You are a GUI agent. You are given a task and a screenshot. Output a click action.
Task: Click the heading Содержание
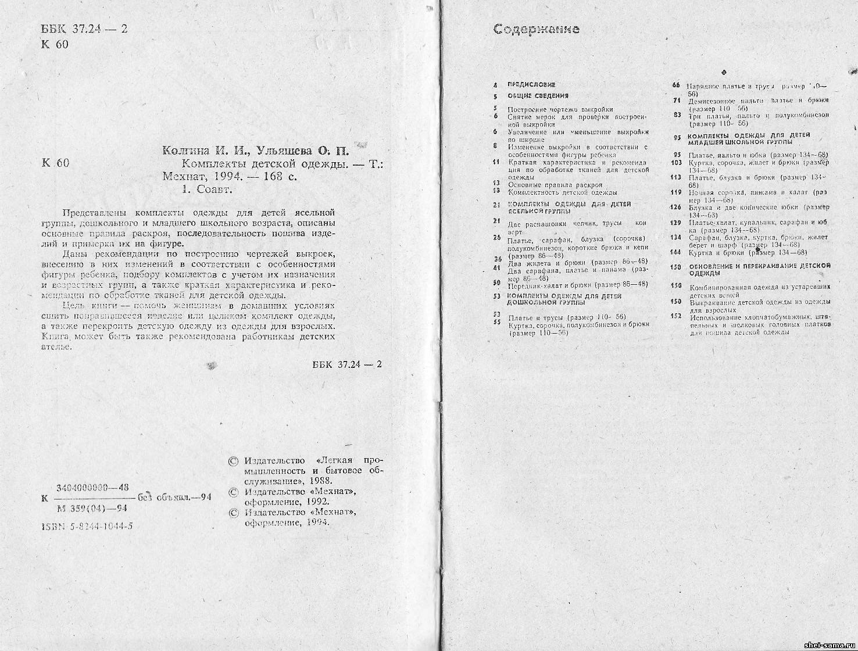(x=536, y=29)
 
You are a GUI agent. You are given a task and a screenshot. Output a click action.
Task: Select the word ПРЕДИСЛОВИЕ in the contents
(x=531, y=85)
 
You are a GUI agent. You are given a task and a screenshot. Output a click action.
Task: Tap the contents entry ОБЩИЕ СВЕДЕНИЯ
(x=538, y=95)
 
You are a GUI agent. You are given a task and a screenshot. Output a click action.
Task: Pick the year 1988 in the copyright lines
(x=319, y=481)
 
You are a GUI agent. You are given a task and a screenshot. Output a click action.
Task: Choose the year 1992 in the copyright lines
(x=319, y=502)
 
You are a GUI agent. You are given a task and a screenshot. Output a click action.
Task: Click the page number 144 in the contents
(x=675, y=252)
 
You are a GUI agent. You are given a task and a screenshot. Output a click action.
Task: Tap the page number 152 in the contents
(x=675, y=316)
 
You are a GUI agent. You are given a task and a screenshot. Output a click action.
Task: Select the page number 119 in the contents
(x=675, y=192)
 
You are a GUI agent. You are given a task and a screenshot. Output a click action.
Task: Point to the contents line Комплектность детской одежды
(x=562, y=192)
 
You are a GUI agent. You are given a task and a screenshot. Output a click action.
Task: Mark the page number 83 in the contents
(x=677, y=115)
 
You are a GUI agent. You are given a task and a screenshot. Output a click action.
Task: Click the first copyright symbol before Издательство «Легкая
(x=234, y=461)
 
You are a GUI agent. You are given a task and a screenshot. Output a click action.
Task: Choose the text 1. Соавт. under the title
(x=206, y=189)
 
